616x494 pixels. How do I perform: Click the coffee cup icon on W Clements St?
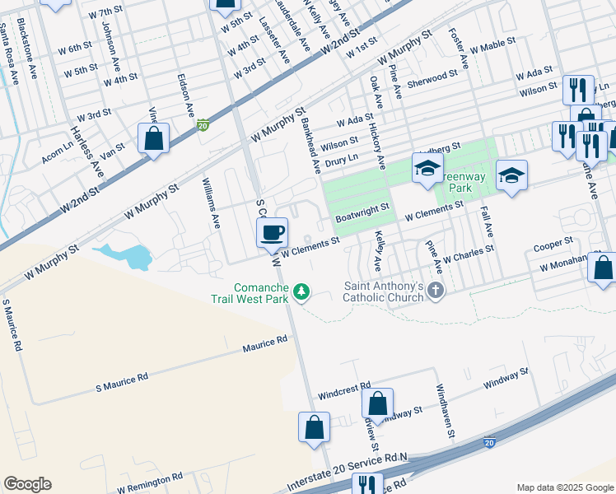click(272, 232)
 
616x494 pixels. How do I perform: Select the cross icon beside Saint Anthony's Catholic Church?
click(436, 291)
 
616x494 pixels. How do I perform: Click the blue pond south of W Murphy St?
click(128, 256)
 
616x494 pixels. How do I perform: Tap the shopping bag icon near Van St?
click(154, 138)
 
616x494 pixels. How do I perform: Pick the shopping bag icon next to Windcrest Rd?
click(377, 404)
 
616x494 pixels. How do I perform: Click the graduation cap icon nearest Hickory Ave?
click(427, 169)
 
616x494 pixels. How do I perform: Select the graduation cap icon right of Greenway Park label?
click(511, 175)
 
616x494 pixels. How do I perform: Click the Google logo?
click(27, 484)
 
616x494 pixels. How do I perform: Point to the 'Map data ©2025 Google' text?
click(564, 487)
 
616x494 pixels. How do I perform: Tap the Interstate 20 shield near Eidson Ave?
click(203, 125)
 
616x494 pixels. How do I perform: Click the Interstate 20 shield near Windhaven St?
click(489, 442)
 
